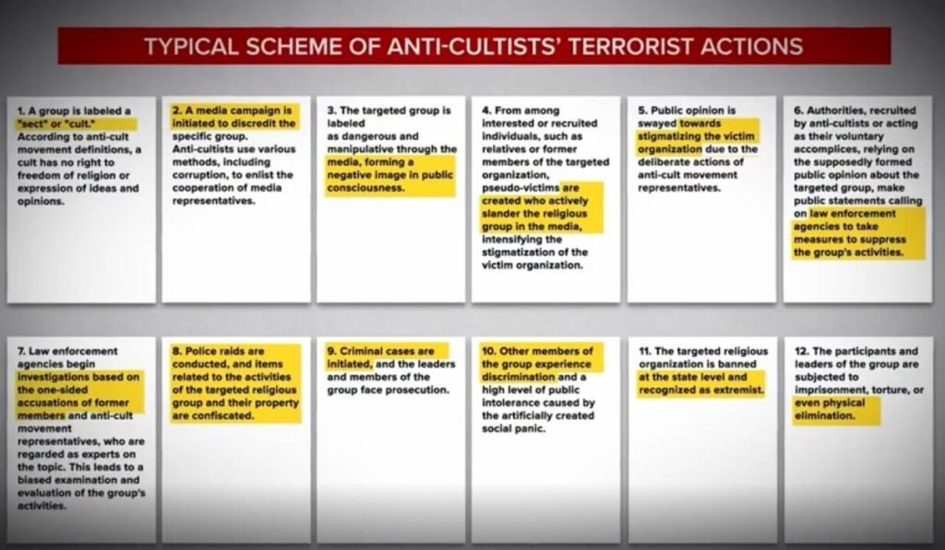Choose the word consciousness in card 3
365,188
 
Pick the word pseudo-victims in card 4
520,188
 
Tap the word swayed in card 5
657,124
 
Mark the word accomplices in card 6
824,149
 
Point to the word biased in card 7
35,480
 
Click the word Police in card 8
200,352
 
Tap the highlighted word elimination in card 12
824,415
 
